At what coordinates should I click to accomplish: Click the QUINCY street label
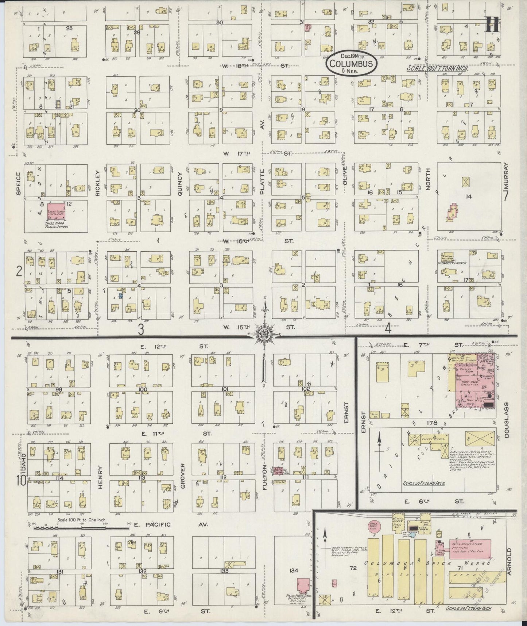point(179,184)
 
